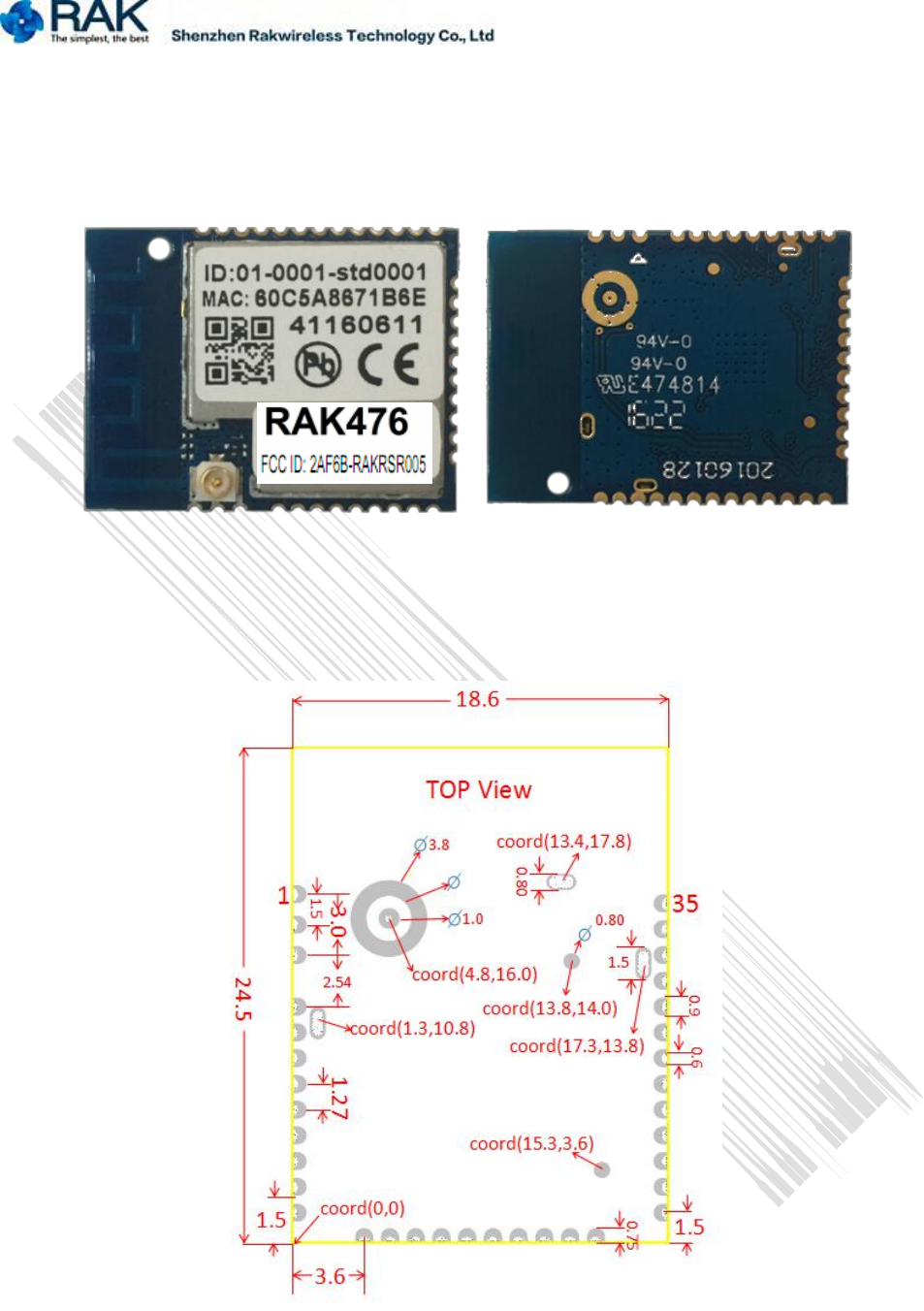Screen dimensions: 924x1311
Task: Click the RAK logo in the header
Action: pos(76,21)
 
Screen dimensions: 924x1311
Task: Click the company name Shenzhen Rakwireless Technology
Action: pos(333,36)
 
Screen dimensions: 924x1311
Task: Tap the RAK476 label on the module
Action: pos(336,422)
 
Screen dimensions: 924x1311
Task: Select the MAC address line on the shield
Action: pos(313,298)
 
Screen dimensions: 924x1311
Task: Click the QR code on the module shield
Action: pos(239,350)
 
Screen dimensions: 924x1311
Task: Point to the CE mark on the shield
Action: pos(388,365)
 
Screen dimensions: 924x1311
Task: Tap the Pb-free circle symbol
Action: pos(317,365)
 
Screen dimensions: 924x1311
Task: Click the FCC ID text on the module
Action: pos(342,464)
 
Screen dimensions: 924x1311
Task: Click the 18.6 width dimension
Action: pos(477,699)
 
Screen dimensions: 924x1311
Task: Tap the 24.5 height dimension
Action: pos(242,998)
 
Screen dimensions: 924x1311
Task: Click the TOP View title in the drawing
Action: pos(478,790)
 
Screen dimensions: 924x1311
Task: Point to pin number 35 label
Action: pos(685,904)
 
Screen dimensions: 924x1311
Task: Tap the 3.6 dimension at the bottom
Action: pos(330,1276)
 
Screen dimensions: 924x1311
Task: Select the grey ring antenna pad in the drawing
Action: pos(388,918)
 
